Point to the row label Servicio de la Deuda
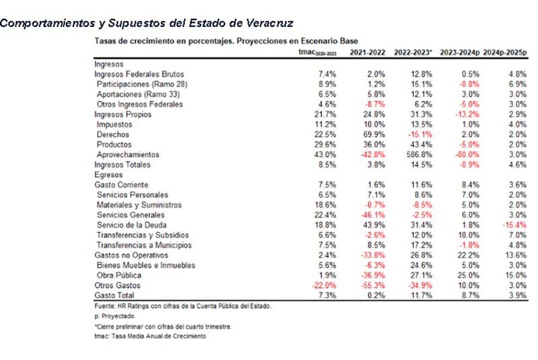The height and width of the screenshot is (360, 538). tap(131, 225)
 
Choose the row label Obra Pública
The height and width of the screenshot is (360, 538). tap(119, 275)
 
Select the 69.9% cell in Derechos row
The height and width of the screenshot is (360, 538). tap(373, 134)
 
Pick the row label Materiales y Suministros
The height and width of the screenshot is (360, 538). tap(141, 205)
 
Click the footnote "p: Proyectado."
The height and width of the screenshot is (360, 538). tap(116, 316)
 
